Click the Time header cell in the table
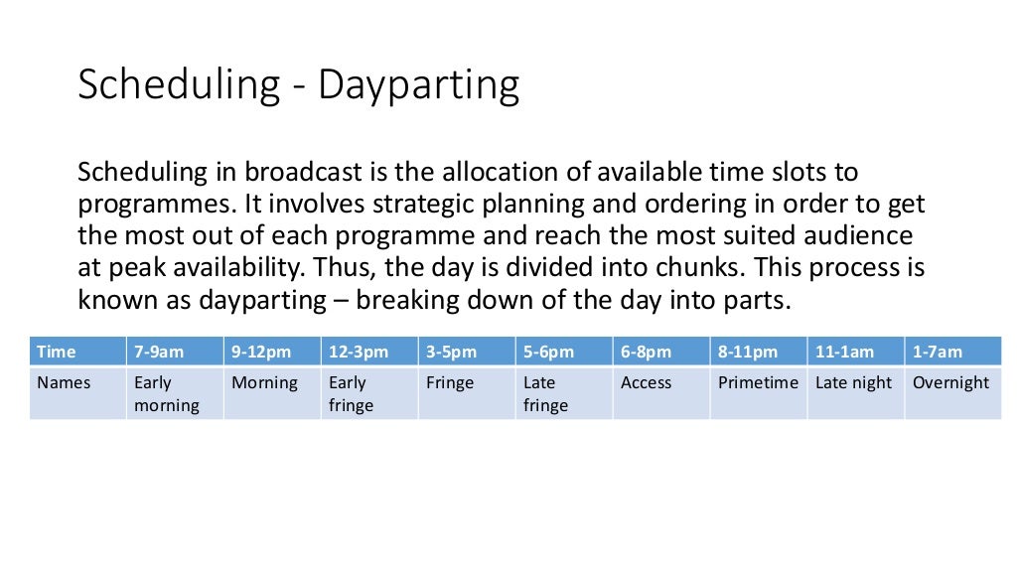[x=57, y=352]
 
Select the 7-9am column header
[x=160, y=352]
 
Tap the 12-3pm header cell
[x=360, y=352]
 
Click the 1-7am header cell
[x=939, y=352]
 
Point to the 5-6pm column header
[x=549, y=352]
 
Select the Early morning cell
[x=167, y=393]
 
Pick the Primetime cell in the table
[x=758, y=382]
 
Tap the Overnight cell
[x=950, y=382]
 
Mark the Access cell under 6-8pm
[x=647, y=382]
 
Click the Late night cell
[x=853, y=382]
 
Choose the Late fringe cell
[x=545, y=393]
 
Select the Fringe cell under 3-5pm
[x=450, y=382]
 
